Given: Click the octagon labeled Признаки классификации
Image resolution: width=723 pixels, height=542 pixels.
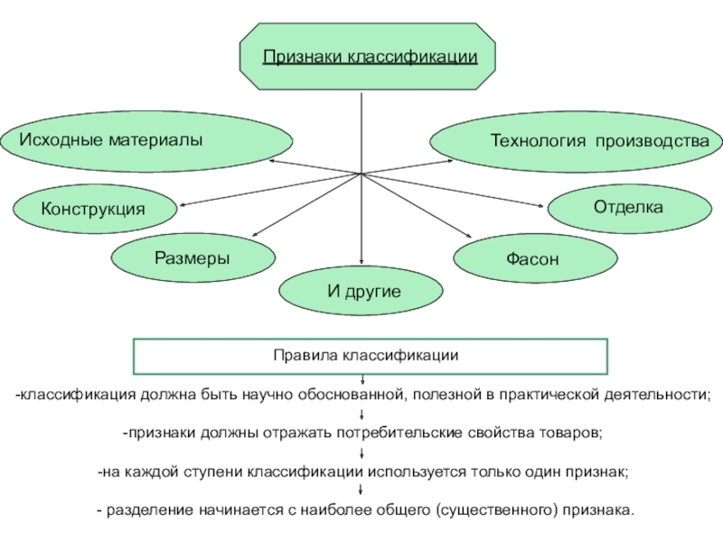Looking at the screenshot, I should pyautogui.click(x=368, y=57).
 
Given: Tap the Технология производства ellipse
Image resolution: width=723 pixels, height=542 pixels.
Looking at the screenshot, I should pyautogui.click(x=575, y=141).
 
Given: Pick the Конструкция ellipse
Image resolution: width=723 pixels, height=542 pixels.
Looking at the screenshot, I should pyautogui.click(x=93, y=209).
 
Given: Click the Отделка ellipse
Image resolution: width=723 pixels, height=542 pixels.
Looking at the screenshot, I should pyautogui.click(x=627, y=207).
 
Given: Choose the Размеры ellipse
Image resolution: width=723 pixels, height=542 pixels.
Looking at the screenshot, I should pyautogui.click(x=192, y=258).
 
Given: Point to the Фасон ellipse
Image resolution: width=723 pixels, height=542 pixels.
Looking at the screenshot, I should pyautogui.click(x=535, y=259).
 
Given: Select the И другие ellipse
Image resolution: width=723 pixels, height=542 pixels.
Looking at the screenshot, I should pyautogui.click(x=361, y=291).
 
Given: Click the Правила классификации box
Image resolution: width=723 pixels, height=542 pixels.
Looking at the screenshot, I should pyautogui.click(x=371, y=356).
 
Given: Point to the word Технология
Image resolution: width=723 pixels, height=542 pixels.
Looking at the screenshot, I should pyautogui.click(x=533, y=141).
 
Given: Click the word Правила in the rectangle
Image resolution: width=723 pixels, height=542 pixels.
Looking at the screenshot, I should pyautogui.click(x=306, y=356).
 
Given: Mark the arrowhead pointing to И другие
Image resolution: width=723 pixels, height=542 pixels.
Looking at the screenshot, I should pyautogui.click(x=361, y=264).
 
